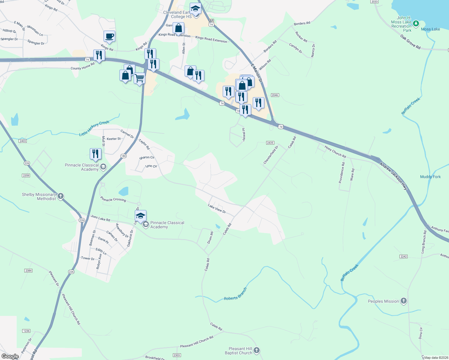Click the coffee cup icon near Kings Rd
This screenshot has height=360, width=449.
pyautogui.click(x=109, y=36)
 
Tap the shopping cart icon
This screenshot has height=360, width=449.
pyautogui.click(x=139, y=78)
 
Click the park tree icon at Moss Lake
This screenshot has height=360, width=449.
pyautogui.click(x=416, y=23)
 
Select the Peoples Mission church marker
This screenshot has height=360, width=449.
pyautogui.click(x=404, y=301)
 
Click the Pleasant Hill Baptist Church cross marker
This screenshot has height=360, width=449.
pyautogui.click(x=256, y=350)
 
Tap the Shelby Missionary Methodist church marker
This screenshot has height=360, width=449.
pyautogui.click(x=60, y=196)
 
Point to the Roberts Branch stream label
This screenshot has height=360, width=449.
pyautogui.click(x=235, y=294)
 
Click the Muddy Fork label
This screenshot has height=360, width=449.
pyautogui.click(x=430, y=177)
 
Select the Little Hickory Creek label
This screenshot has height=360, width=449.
pyautogui.click(x=94, y=128)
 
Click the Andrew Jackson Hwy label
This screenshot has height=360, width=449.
pyautogui.click(x=393, y=176)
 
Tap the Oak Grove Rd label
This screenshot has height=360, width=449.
pyautogui.click(x=410, y=42)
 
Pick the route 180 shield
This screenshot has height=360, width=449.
pyautogui.click(x=123, y=156)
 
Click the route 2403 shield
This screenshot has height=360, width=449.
pyautogui.click(x=23, y=141)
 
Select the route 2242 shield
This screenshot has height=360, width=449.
pyautogui.click(x=403, y=256)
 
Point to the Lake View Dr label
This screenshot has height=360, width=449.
pyautogui.click(x=217, y=208)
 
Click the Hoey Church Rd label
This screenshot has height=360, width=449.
pyautogui.click(x=335, y=151)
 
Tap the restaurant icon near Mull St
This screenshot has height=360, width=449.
pyautogui.click(x=95, y=154)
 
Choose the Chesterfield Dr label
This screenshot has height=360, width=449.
pyautogui.click(x=271, y=155)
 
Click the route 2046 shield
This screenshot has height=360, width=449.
pyautogui.click(x=275, y=95)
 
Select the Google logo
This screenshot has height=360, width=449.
pyautogui.click(x=10, y=356)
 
